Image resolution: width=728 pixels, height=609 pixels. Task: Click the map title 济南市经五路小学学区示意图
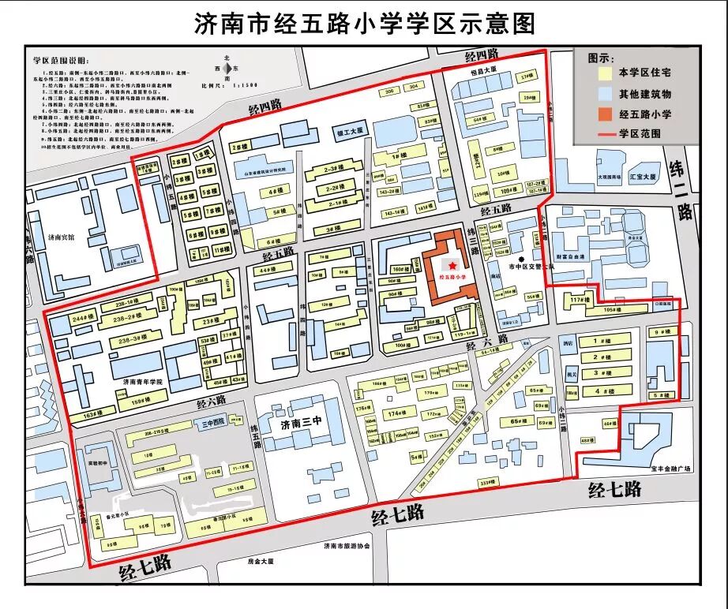pyautogui.click(x=364, y=23)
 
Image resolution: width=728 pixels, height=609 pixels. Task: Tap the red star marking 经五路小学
pyautogui.click(x=452, y=265)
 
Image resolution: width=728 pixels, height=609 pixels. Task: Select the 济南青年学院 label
pyautogui.click(x=142, y=381)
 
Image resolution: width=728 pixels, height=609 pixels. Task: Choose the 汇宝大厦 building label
pyautogui.click(x=644, y=178)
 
